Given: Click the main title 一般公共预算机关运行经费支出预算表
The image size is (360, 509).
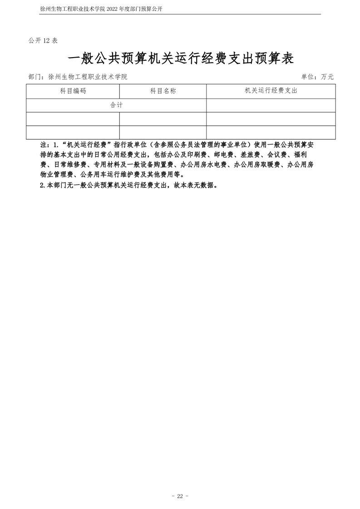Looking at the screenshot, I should coord(180,59).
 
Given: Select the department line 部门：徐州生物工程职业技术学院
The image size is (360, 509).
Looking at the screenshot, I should coord(77,77).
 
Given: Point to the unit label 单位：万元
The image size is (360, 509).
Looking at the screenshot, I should coord(317,77).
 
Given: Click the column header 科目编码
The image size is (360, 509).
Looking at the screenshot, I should coord(73,91).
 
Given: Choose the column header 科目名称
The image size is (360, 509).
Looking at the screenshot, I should coord(163,91).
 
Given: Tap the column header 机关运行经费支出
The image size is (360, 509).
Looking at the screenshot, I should coord(271,91).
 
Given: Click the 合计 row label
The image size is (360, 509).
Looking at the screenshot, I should coord(116,105).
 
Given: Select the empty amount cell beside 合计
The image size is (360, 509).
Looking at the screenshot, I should coord(271,105).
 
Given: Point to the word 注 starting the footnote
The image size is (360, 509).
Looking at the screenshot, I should coord(44,145).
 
